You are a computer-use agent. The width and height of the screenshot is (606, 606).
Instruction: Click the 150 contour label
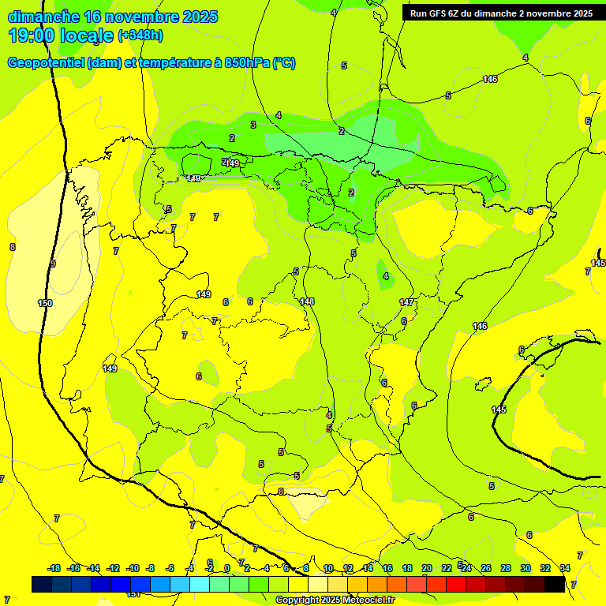click(x=45, y=303)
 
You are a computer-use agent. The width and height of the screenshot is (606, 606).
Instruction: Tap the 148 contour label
click(x=307, y=301)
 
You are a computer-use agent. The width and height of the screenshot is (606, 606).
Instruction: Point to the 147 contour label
click(x=406, y=302)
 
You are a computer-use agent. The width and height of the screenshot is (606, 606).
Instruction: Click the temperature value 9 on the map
click(x=53, y=264)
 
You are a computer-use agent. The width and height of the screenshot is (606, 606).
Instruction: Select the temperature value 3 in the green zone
click(x=253, y=125)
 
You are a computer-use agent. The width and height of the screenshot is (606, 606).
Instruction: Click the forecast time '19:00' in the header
click(x=32, y=36)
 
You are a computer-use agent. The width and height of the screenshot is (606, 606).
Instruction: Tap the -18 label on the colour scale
click(x=54, y=568)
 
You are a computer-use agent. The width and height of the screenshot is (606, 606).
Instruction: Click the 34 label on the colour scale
click(x=565, y=568)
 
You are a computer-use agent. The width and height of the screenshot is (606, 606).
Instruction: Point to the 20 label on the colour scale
click(x=427, y=568)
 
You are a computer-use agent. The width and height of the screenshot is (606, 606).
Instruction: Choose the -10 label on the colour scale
click(x=133, y=568)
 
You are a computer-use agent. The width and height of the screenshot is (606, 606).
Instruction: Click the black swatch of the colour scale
click(x=555, y=585)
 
